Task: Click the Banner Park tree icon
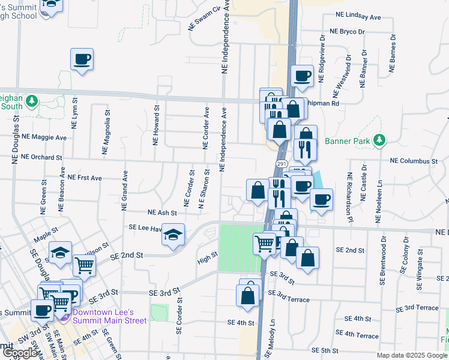(379, 140)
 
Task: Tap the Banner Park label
(348, 142)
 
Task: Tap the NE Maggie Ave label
(44, 137)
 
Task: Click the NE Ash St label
(162, 212)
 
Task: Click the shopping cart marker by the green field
(264, 243)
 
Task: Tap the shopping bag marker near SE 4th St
(248, 295)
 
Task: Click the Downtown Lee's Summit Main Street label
(109, 316)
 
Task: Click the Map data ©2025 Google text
(411, 355)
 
